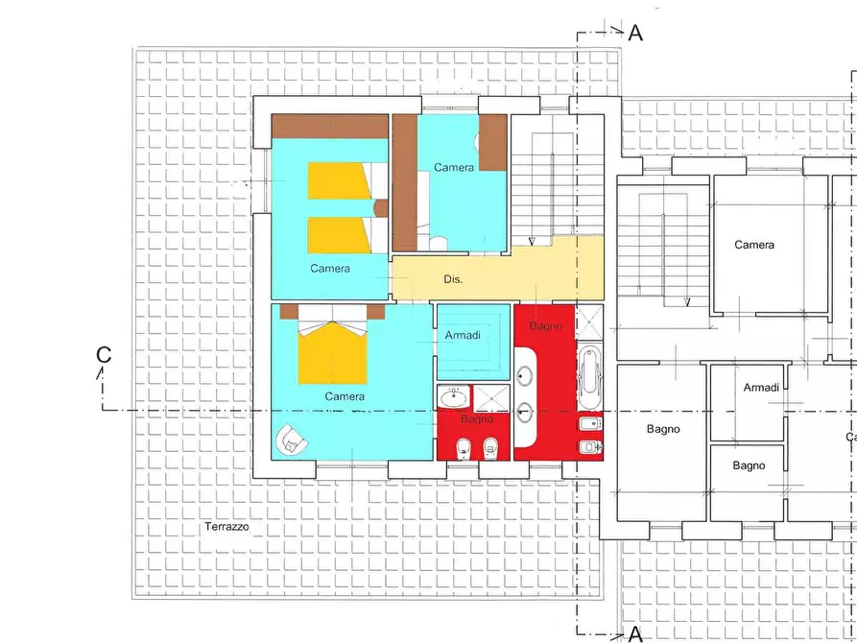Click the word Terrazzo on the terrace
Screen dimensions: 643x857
(x=226, y=527)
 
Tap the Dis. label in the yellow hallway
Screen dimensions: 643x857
(x=453, y=280)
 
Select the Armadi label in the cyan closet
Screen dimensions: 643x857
(x=462, y=336)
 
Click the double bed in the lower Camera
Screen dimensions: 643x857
(x=333, y=351)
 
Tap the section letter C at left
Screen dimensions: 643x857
(x=104, y=354)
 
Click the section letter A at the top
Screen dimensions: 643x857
(x=635, y=33)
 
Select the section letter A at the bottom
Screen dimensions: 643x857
(x=634, y=632)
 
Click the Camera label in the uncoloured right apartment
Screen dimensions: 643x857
(x=754, y=245)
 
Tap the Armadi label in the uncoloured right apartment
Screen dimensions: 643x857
(x=761, y=387)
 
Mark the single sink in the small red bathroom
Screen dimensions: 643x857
(x=454, y=396)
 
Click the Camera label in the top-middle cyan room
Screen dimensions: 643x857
(x=453, y=167)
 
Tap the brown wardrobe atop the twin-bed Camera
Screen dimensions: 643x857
(x=329, y=126)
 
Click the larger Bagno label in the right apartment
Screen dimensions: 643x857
(x=662, y=429)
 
